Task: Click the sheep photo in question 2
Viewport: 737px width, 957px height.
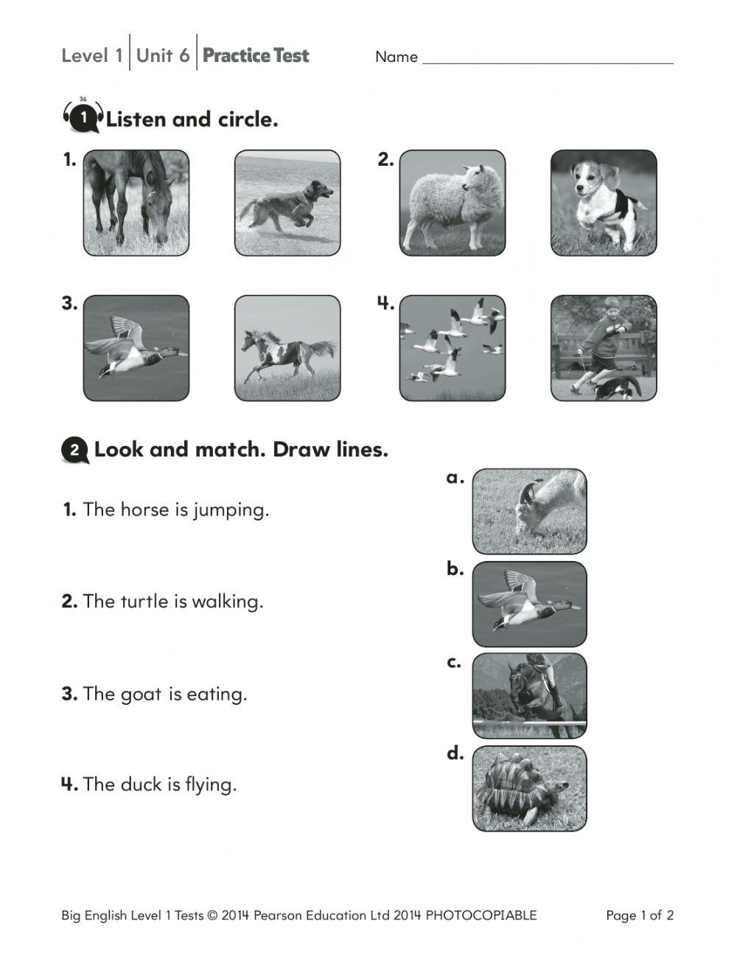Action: (x=453, y=203)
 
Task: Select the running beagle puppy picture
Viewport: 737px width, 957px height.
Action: (x=604, y=203)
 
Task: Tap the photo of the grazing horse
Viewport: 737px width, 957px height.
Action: (x=136, y=203)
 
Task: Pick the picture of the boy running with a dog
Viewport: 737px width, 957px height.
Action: (x=604, y=348)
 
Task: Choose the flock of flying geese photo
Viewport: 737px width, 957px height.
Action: (x=453, y=348)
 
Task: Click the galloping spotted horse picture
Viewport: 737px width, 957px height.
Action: (x=287, y=348)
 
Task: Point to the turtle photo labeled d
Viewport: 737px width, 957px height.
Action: (x=529, y=788)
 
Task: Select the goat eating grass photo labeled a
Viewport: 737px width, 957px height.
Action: (x=529, y=511)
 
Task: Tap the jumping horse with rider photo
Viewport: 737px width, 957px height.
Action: (x=529, y=695)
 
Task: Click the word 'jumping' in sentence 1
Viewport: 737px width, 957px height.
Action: (x=231, y=510)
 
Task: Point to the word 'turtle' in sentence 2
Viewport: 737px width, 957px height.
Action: (x=144, y=602)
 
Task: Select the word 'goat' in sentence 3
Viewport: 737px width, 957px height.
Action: (x=141, y=695)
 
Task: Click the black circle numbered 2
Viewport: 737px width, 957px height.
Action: (x=75, y=450)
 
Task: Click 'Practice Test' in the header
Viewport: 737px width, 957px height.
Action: (x=256, y=55)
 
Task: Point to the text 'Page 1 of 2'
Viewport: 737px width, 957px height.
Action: (x=640, y=916)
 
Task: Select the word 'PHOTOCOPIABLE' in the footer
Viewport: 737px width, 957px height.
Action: (x=481, y=916)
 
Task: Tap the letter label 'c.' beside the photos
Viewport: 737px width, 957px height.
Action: (x=454, y=662)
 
